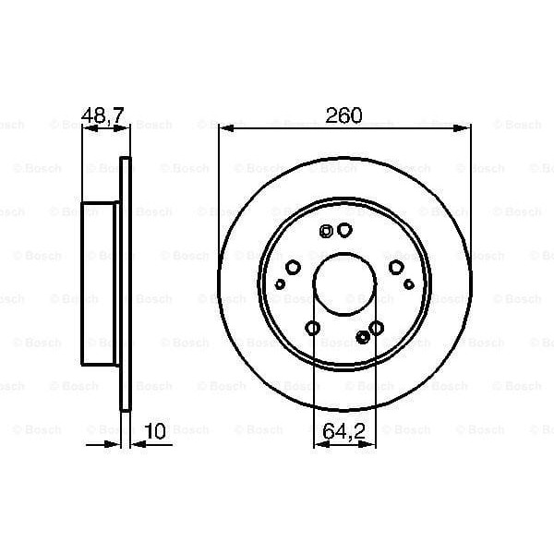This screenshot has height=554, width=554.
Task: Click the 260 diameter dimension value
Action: [343, 115]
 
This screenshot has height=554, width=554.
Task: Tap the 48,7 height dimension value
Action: [104, 115]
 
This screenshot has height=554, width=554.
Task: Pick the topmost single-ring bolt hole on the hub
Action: [344, 231]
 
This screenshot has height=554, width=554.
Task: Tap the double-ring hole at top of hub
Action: [326, 233]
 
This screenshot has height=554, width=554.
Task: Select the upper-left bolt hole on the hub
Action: [293, 268]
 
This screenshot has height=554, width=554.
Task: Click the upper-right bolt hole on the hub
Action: [396, 268]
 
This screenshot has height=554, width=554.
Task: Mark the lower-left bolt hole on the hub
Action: [312, 329]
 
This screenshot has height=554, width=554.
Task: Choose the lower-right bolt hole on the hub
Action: [376, 329]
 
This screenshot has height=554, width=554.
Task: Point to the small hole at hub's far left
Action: [280, 284]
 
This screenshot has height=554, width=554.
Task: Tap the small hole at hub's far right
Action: [409, 284]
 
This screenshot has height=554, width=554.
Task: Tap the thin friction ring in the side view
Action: [126, 283]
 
